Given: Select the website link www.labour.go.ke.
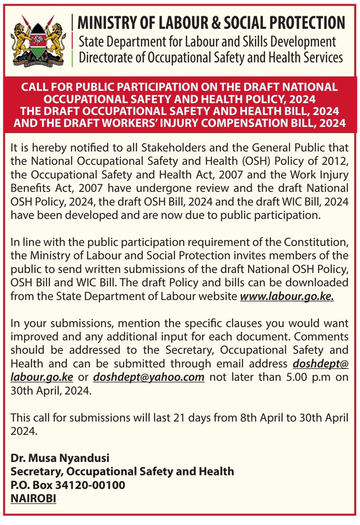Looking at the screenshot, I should tap(287, 296).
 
